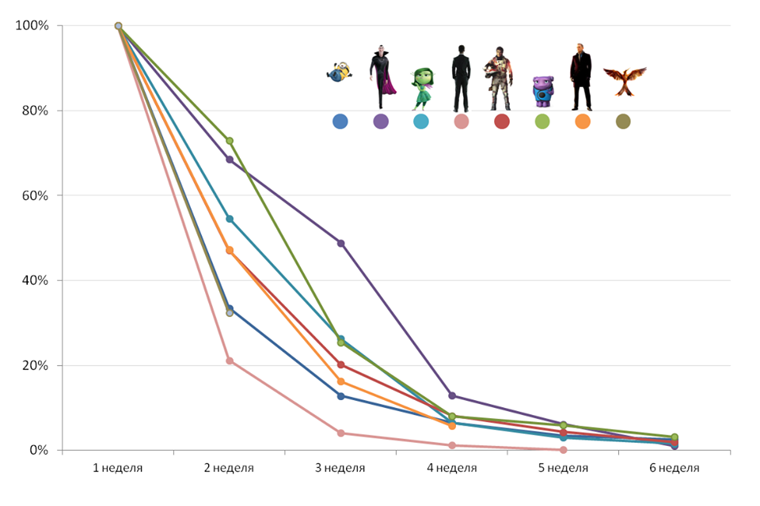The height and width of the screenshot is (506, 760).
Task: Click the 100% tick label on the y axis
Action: pyautogui.click(x=32, y=26)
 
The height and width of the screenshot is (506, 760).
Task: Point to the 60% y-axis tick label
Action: pyautogui.click(x=35, y=195)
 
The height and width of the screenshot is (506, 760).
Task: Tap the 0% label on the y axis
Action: pyautogui.click(x=39, y=451)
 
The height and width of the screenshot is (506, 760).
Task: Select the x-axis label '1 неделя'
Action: pyautogui.click(x=118, y=468)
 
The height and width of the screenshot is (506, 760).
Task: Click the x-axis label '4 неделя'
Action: pyautogui.click(x=452, y=468)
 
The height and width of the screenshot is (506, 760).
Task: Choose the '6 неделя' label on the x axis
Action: pyautogui.click(x=674, y=468)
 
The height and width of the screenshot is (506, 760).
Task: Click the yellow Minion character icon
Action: pyautogui.click(x=340, y=72)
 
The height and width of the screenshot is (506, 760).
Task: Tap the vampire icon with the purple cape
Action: pyautogui.click(x=382, y=77)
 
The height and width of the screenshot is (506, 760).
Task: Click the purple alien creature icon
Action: pyautogui.click(x=542, y=92)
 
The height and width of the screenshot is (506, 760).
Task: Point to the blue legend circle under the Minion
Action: pyautogui.click(x=340, y=122)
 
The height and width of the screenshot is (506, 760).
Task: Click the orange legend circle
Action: pyautogui.click(x=583, y=122)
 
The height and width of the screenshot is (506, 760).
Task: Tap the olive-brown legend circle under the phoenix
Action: pyautogui.click(x=623, y=122)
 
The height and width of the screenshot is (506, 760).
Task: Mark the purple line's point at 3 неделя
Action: pyautogui.click(x=341, y=244)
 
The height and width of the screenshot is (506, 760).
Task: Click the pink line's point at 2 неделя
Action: pyautogui.click(x=230, y=361)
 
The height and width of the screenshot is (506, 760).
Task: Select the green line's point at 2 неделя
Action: pyautogui.click(x=230, y=141)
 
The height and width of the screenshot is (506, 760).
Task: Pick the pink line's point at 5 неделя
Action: pyautogui.click(x=563, y=450)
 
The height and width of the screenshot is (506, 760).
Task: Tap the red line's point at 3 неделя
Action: pyautogui.click(x=341, y=364)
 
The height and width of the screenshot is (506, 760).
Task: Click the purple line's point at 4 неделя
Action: pyautogui.click(x=452, y=395)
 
